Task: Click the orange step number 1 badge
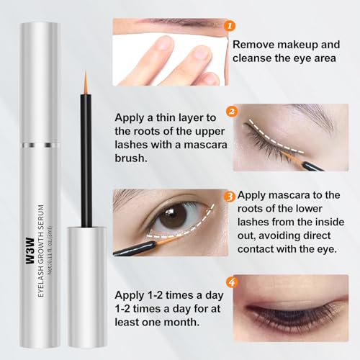tap(229, 26)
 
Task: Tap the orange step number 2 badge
tap(232, 111)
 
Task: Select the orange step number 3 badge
tap(228, 194)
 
